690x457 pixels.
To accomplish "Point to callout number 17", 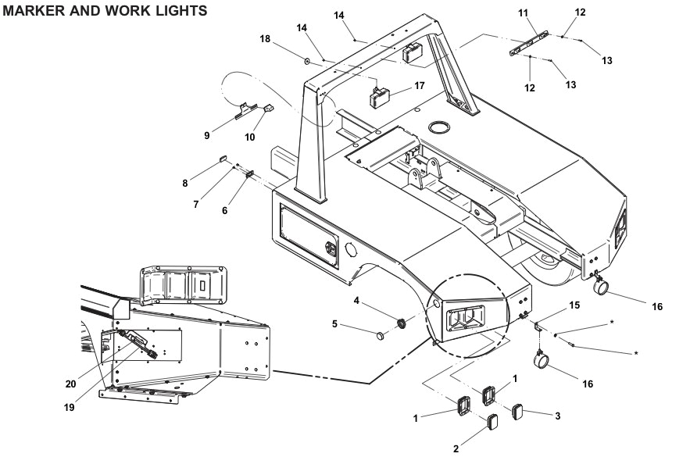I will [420, 86].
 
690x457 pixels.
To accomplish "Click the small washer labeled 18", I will [308, 59].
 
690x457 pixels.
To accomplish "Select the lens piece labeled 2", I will [492, 423].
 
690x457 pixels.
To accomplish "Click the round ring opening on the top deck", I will [442, 126].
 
